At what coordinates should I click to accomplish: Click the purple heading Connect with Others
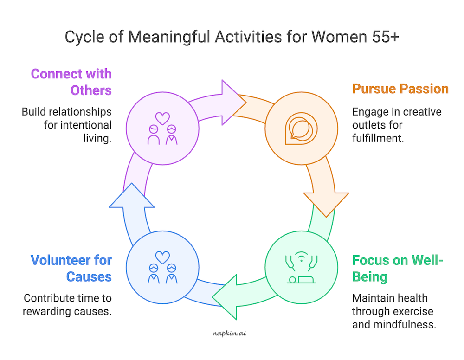click(x=71, y=82)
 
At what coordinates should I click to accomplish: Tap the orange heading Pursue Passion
click(x=400, y=88)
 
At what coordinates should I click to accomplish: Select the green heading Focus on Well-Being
click(x=398, y=268)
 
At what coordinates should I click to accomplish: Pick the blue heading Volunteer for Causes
click(x=71, y=268)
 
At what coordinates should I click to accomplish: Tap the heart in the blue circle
click(x=162, y=257)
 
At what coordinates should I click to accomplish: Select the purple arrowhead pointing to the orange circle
click(x=228, y=103)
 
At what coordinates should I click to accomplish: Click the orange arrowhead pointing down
click(x=326, y=203)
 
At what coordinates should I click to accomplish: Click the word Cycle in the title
click(x=83, y=37)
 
